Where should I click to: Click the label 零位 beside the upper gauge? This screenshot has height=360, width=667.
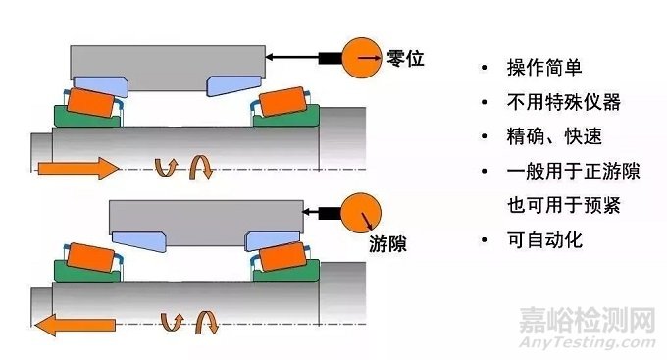tap(406, 60)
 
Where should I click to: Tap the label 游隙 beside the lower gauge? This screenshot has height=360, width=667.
tap(385, 241)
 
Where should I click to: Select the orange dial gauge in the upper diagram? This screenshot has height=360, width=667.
tap(362, 59)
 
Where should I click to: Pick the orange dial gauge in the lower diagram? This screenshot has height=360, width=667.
tap(361, 211)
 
